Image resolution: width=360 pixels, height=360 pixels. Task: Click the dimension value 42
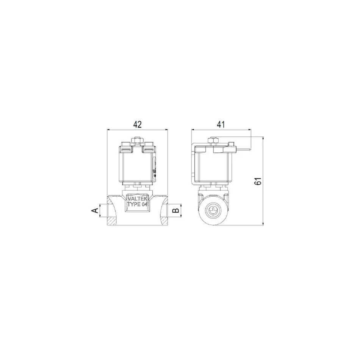click(137, 124)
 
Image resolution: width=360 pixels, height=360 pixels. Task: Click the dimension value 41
click(221, 124)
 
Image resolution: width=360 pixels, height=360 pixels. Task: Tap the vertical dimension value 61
click(259, 182)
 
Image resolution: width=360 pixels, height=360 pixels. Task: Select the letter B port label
click(176, 210)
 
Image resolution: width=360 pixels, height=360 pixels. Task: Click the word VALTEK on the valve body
click(137, 199)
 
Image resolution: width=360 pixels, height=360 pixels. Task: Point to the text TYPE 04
click(137, 204)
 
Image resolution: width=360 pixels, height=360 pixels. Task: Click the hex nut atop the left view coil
click(137, 141)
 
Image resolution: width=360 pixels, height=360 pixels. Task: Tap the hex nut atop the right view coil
click(213, 141)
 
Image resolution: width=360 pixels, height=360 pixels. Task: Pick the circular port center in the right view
click(213, 210)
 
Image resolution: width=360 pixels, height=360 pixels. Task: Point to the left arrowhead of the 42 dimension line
click(109, 130)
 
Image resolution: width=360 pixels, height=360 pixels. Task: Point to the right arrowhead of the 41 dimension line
click(249, 130)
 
